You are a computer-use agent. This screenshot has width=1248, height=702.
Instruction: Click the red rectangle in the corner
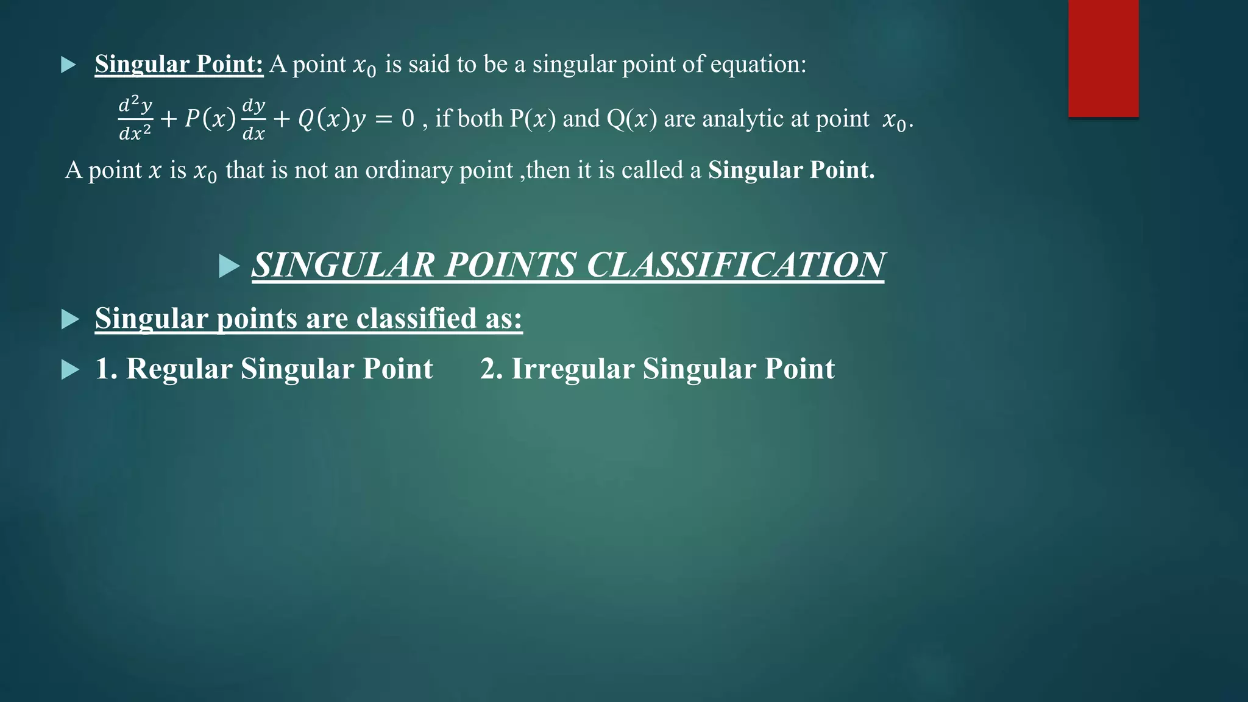(x=1103, y=58)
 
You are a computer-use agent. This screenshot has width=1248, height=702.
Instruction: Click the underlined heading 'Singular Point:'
(x=179, y=64)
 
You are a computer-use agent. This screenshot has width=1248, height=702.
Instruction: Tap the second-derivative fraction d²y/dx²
(x=135, y=118)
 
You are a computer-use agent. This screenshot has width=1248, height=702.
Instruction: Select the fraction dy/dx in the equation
(x=253, y=119)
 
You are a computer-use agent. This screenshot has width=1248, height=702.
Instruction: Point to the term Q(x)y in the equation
(x=331, y=119)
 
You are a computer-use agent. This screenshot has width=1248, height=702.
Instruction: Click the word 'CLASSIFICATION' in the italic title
(x=735, y=265)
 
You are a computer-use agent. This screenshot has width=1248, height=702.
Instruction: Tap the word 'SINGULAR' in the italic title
(x=344, y=265)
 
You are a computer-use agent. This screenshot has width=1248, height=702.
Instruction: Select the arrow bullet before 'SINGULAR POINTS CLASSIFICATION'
(x=229, y=266)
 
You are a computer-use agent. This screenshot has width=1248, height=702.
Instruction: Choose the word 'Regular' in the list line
(x=179, y=369)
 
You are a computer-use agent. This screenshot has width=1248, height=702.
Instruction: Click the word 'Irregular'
(x=572, y=369)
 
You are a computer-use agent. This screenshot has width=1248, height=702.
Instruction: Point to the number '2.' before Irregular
(x=491, y=369)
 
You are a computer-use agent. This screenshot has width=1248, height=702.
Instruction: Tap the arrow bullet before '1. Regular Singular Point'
(x=70, y=370)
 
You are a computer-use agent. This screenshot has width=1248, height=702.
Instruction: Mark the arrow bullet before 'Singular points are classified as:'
(x=70, y=319)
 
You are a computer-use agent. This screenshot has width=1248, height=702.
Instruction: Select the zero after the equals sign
(x=408, y=118)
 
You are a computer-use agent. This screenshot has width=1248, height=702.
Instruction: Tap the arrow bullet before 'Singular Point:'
(x=69, y=65)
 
